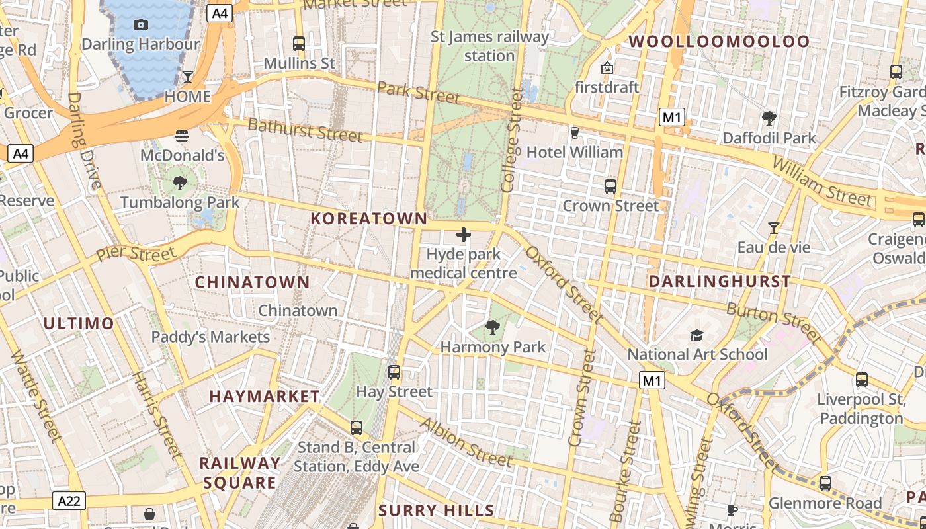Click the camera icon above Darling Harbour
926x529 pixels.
(140, 24)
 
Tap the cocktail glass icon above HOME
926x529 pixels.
(188, 76)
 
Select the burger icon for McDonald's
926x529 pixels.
(182, 136)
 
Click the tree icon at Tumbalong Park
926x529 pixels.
(179, 183)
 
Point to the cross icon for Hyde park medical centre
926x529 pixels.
(464, 235)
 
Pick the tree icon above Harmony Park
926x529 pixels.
(492, 327)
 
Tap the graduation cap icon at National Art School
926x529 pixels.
(696, 335)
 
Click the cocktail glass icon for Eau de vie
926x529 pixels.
(773, 228)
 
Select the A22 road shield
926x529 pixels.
(69, 501)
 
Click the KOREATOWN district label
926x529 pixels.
(369, 218)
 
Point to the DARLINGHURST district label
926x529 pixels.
(720, 282)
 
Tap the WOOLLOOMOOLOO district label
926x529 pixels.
(719, 42)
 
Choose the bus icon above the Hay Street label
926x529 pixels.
(394, 372)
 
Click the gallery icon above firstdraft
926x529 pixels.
(607, 67)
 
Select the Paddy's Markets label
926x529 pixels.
(210, 337)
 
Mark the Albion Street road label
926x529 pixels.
(466, 442)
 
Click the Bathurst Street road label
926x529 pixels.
(305, 130)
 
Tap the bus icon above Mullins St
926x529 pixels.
(299, 44)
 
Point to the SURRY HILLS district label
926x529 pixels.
(436, 510)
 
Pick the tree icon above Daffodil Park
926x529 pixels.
(769, 119)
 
